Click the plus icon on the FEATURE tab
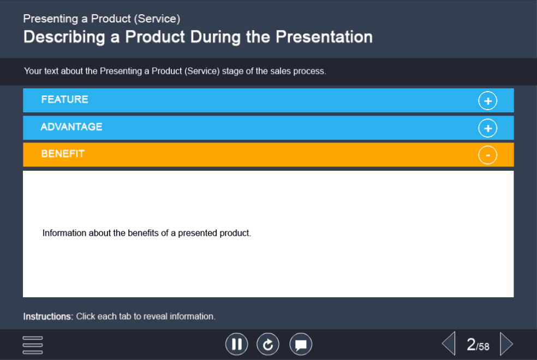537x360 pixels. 487,101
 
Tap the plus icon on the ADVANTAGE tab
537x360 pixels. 487,128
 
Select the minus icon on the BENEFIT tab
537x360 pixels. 487,155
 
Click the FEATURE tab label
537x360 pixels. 65,99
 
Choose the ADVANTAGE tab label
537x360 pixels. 71,127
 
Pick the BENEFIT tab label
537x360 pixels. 63,154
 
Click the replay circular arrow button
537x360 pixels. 268,344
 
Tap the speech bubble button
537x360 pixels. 301,344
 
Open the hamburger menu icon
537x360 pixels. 33,345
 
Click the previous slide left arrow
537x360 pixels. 449,344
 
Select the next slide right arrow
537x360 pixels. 506,344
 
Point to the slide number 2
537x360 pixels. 472,344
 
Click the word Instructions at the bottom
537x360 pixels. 48,316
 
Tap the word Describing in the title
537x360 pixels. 64,37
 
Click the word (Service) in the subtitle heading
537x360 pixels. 157,19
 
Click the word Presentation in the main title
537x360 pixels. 324,37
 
